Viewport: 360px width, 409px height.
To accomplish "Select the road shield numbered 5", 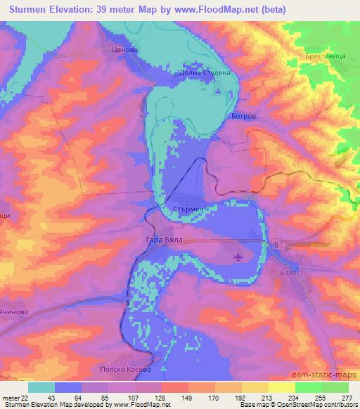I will click(276, 245).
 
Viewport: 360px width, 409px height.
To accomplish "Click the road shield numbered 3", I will click(127, 302).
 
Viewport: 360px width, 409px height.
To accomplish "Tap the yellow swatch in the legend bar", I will click(282, 387).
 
